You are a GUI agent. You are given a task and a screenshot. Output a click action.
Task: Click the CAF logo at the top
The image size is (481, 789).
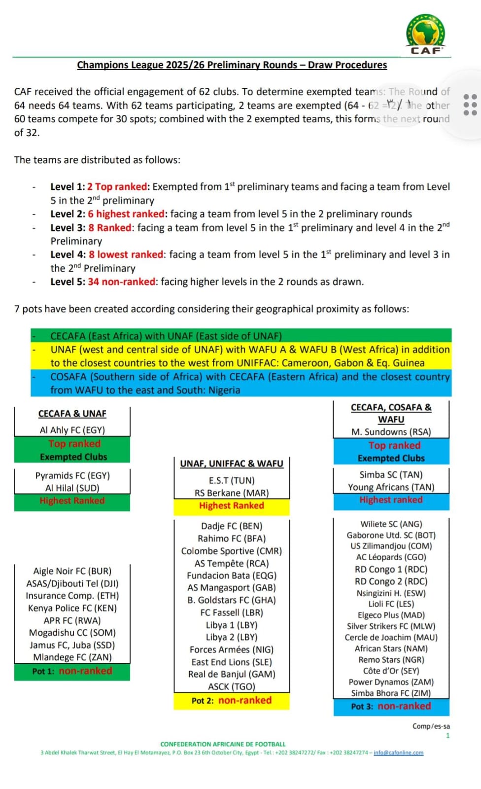click(425, 35)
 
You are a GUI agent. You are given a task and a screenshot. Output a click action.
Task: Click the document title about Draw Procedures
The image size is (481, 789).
click(232, 65)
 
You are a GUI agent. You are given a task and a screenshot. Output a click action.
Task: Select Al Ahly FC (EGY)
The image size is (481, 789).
click(72, 430)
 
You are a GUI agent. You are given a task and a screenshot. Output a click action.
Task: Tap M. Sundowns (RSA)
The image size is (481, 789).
click(391, 432)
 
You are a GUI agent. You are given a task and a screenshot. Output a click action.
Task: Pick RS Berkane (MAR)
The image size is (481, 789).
click(232, 493)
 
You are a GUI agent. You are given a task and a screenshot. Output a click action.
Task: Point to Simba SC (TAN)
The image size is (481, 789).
click(391, 475)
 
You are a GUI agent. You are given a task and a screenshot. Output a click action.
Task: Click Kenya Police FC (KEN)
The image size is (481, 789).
click(72, 608)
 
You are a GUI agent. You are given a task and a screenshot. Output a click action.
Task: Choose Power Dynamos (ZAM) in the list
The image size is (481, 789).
click(391, 682)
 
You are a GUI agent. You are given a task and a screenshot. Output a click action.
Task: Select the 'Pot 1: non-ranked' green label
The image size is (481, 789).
click(72, 671)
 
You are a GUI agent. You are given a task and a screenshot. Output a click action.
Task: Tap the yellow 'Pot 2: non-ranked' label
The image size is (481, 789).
click(231, 701)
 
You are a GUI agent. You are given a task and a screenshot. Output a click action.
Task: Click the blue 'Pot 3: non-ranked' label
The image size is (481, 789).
click(391, 706)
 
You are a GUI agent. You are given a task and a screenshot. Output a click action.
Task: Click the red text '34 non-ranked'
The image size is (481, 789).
click(122, 282)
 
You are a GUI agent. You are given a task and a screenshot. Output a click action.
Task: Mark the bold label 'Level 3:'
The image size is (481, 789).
click(68, 228)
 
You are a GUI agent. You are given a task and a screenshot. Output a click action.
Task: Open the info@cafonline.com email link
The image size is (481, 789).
click(398, 753)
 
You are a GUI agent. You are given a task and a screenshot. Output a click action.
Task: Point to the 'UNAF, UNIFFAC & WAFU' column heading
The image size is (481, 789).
click(232, 464)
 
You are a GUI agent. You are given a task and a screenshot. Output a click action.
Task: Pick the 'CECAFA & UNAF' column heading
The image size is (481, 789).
click(72, 414)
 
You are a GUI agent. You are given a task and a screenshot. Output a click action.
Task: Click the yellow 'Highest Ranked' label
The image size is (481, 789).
click(231, 506)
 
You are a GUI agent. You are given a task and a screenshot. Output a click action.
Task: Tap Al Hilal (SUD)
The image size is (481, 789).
click(72, 488)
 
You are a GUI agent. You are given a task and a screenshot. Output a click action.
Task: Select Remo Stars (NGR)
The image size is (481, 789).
click(391, 660)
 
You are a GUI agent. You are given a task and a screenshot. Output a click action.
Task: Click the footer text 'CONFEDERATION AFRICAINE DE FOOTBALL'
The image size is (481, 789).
click(223, 744)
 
